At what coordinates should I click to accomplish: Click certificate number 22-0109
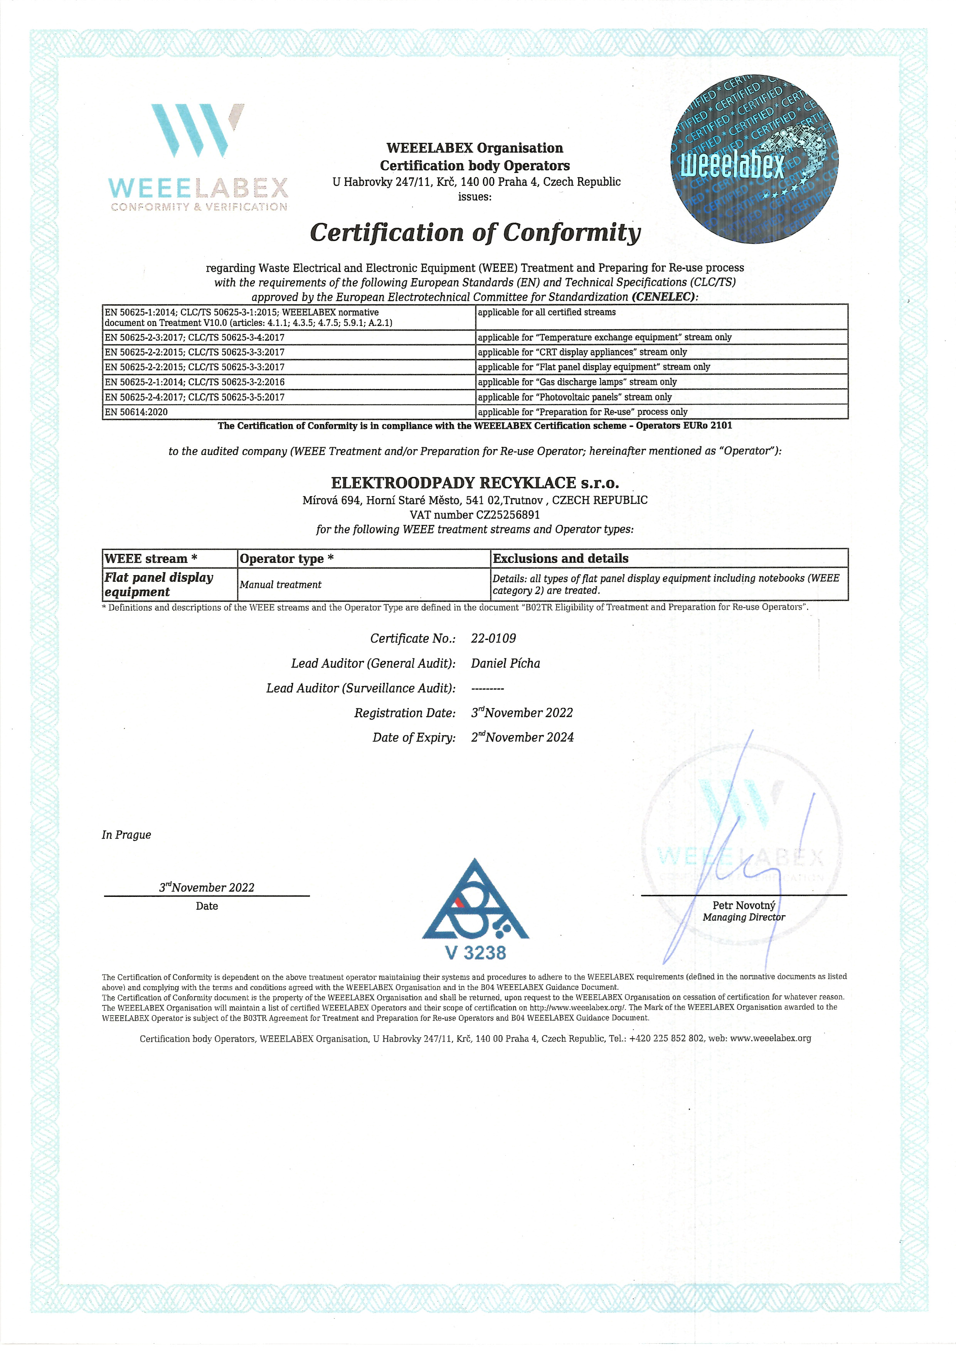click(x=493, y=638)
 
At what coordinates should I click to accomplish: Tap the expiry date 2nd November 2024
click(x=522, y=737)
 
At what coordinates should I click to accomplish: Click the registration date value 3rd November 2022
click(x=522, y=713)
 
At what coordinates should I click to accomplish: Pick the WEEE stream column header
click(x=151, y=559)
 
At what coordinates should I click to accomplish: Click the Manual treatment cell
click(x=280, y=584)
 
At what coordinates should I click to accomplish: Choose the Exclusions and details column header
click(x=560, y=559)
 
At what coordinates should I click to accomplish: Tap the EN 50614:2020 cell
click(x=136, y=412)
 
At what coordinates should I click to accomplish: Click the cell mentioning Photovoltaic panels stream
click(x=574, y=397)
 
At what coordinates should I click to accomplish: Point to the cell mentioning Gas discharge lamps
click(x=577, y=382)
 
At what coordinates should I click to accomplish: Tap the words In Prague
click(x=126, y=834)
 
